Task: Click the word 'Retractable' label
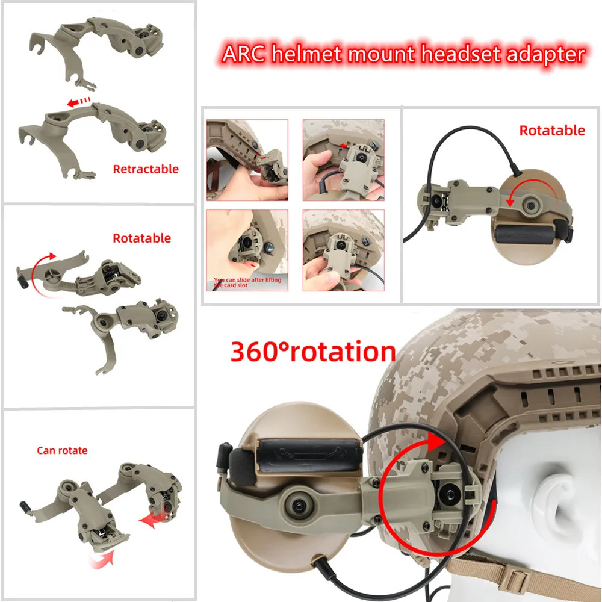pyautogui.click(x=146, y=169)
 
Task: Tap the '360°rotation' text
pyautogui.click(x=313, y=352)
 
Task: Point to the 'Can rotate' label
pyautogui.click(x=62, y=450)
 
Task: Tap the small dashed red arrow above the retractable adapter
pyautogui.click(x=79, y=103)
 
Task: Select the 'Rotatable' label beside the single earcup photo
pyautogui.click(x=552, y=131)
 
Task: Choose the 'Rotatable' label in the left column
pyautogui.click(x=142, y=238)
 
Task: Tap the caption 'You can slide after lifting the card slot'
pyautogui.click(x=247, y=282)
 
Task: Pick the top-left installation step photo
pyautogui.click(x=247, y=160)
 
